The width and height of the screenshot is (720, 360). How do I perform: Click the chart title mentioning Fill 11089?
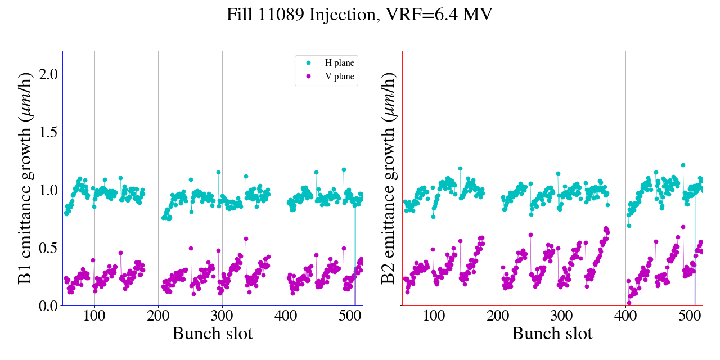coord(359,15)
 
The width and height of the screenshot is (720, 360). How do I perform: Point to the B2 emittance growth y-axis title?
coord(388,178)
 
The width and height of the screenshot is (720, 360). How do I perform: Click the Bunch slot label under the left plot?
coord(212,334)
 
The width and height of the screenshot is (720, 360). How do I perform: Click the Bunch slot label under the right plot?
coord(552,334)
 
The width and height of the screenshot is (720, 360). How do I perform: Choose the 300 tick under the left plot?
coord(222,316)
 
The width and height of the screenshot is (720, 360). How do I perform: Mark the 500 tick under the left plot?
coord(350,316)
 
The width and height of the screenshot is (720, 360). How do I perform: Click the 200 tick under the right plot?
coord(498,316)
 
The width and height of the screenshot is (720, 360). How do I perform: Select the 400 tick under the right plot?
coord(625,316)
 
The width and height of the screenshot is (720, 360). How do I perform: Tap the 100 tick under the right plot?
coord(434,316)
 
